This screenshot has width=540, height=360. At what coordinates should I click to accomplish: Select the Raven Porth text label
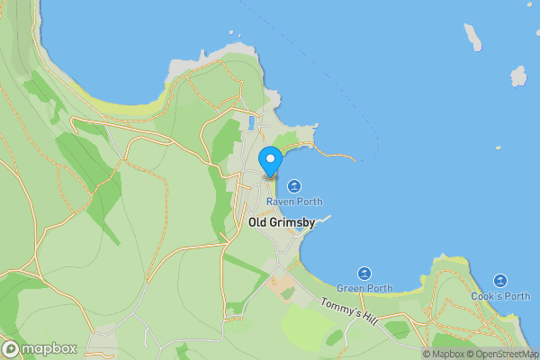coord(293,202)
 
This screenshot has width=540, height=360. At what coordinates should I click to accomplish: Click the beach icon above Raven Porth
coord(293,185)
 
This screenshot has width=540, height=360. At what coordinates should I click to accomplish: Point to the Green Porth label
coord(364,288)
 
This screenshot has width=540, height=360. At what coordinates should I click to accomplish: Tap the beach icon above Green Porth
coord(364,273)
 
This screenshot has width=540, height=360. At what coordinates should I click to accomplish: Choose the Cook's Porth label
coord(500,296)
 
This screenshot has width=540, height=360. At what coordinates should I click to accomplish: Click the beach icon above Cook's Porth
coord(500,281)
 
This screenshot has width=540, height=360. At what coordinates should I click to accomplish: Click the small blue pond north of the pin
coord(251,122)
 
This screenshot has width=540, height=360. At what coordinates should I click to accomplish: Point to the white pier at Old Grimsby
coord(321,220)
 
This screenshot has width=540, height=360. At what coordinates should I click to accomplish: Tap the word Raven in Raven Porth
coord(280,202)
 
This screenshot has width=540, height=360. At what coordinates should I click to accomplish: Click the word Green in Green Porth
coord(352,288)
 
